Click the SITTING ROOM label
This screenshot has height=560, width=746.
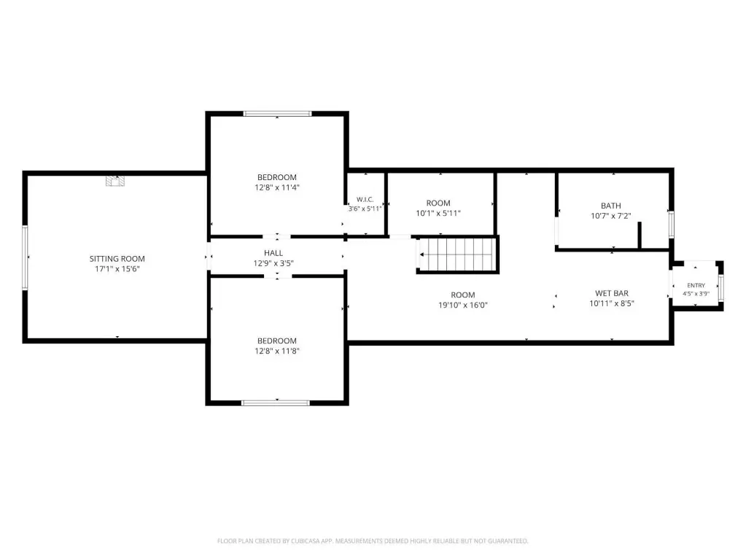click(x=117, y=259)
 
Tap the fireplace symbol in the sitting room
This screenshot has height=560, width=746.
click(x=115, y=181)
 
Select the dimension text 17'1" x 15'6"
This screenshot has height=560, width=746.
click(x=117, y=269)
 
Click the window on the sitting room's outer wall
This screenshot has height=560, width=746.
click(x=25, y=257)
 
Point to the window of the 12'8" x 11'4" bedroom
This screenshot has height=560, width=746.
click(x=277, y=114)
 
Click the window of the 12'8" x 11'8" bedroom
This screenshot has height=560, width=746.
click(x=276, y=403)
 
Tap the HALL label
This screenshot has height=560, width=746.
click(x=273, y=253)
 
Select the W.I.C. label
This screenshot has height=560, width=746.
click(x=365, y=200)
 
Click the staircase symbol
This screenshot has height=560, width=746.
click(x=457, y=254)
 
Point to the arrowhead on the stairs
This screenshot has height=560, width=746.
click(x=422, y=254)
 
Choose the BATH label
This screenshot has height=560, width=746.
click(x=611, y=206)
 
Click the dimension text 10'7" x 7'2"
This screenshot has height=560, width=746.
click(x=611, y=216)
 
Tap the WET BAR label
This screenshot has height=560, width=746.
click(x=612, y=294)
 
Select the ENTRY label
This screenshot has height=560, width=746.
click(x=696, y=286)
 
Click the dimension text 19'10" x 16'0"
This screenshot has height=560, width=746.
click(x=463, y=305)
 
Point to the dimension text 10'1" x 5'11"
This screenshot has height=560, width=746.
click(x=438, y=213)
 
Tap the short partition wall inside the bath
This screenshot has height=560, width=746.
click(x=640, y=235)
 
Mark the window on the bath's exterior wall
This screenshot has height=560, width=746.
click(x=672, y=224)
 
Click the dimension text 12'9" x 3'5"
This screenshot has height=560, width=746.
click(x=273, y=263)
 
